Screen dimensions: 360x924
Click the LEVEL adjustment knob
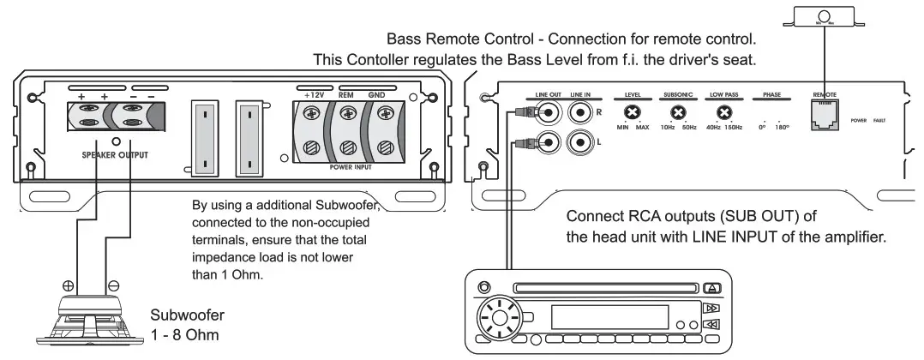pyautogui.click(x=633, y=113)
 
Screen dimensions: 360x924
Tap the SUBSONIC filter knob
pyautogui.click(x=678, y=113)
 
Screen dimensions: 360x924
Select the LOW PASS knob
pyautogui.click(x=724, y=113)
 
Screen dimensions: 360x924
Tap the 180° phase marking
pyautogui.click(x=781, y=129)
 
